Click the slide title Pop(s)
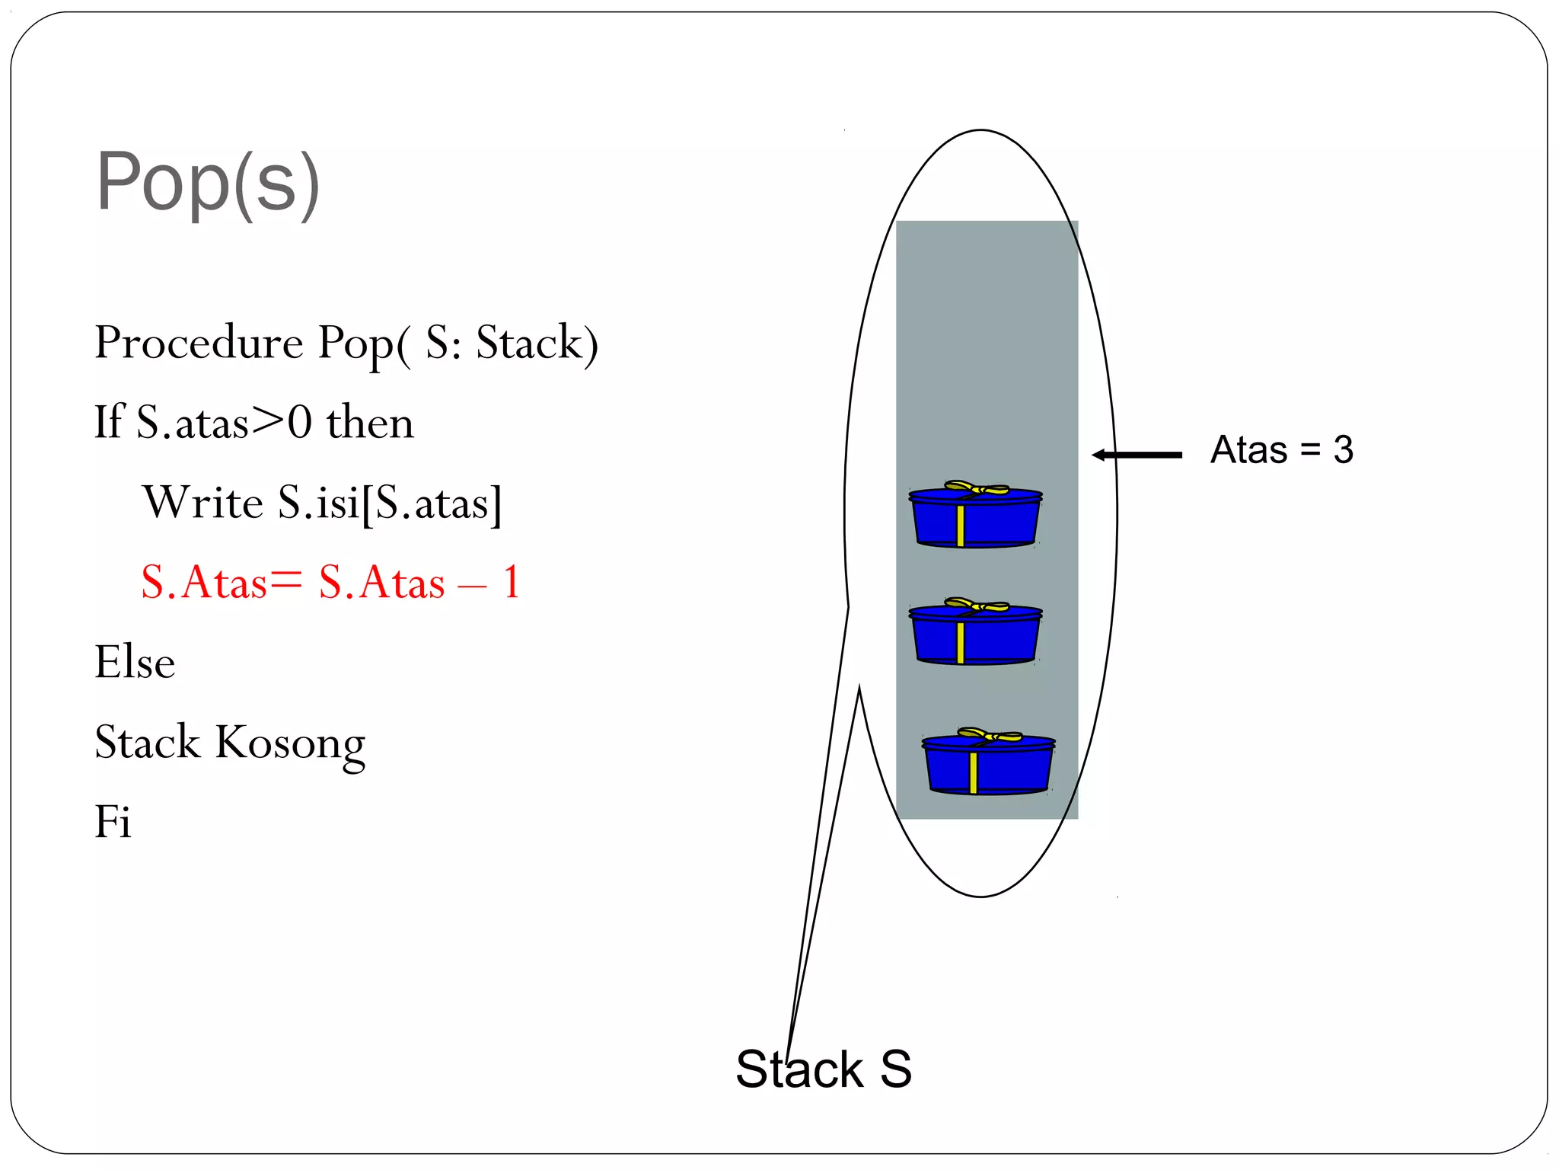[x=207, y=183]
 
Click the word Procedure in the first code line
[x=199, y=342]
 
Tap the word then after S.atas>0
[x=370, y=423]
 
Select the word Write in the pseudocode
[x=202, y=503]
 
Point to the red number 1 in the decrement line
[x=511, y=583]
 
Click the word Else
[x=135, y=662]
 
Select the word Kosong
[x=290, y=743]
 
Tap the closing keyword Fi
[x=113, y=822]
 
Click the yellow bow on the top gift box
[x=977, y=487]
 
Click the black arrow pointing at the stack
[x=1137, y=455]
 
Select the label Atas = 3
[x=1281, y=449]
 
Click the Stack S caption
[x=823, y=1069]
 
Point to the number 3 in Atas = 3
[x=1343, y=449]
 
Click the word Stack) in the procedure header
[x=537, y=343]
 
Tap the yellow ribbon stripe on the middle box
[x=961, y=643]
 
